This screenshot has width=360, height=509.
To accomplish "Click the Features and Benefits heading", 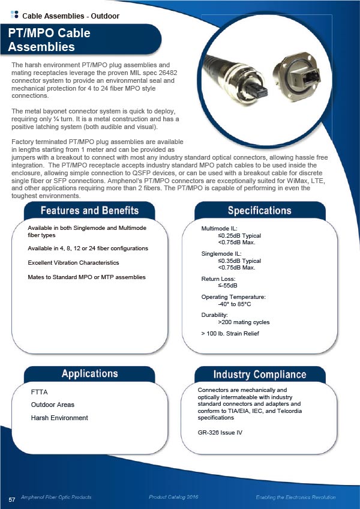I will coord(89,211).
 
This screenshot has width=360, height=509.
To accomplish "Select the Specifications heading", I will coord(259,211).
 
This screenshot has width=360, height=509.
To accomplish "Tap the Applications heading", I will coord(89,374).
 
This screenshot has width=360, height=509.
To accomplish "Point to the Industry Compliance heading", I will coord(259,375).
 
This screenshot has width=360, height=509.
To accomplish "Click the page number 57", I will coord(11,500).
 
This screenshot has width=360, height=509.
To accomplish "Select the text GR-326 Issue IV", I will coord(220,432).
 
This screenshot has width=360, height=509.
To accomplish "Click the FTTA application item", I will coord(39,393).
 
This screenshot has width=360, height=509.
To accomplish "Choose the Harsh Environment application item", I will coord(59,418).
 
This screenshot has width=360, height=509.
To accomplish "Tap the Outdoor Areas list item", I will coord(52,405).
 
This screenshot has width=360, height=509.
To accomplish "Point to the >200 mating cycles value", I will coord(244,322).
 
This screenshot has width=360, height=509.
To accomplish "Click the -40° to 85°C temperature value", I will coord(238,304).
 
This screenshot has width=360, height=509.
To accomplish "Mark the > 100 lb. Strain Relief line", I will coord(230,333).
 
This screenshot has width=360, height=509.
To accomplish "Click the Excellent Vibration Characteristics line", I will coord(73,263).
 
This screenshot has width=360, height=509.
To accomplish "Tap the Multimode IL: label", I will coord(220,229).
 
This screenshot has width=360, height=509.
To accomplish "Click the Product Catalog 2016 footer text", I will coord(174,498).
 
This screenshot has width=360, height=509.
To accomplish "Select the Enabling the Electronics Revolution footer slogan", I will coord(296,498).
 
